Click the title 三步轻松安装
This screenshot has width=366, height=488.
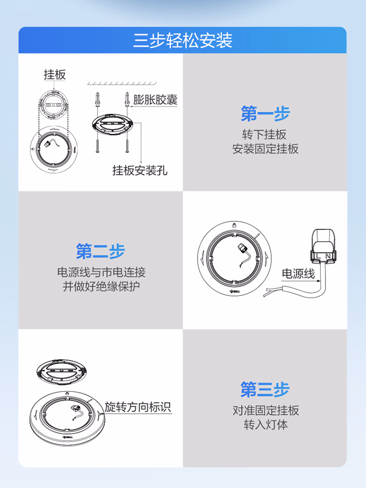tap(183, 40)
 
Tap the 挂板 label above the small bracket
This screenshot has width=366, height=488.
tap(55, 75)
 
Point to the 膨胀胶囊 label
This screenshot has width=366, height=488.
tap(155, 100)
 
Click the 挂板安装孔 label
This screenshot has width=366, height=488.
tap(140, 170)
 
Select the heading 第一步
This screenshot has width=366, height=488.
tap(265, 113)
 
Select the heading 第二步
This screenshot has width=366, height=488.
tap(101, 251)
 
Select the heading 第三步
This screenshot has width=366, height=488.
tap(265, 389)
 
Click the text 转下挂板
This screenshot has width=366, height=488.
tap(264, 134)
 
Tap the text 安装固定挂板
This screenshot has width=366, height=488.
tap(265, 149)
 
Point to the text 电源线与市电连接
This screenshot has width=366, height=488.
tap(102, 272)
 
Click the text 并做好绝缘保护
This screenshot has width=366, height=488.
tap(102, 286)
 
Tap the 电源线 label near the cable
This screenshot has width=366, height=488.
tap(298, 274)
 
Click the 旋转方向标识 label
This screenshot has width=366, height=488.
tap(138, 407)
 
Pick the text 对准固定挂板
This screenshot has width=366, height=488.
tap(265, 410)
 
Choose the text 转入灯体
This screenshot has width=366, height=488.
tap(265, 424)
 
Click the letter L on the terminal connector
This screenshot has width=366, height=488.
tap(318, 256)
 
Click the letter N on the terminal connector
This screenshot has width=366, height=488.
tap(328, 256)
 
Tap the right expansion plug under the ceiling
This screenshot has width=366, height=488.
tap(127, 99)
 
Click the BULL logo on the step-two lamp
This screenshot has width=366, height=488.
tap(235, 292)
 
